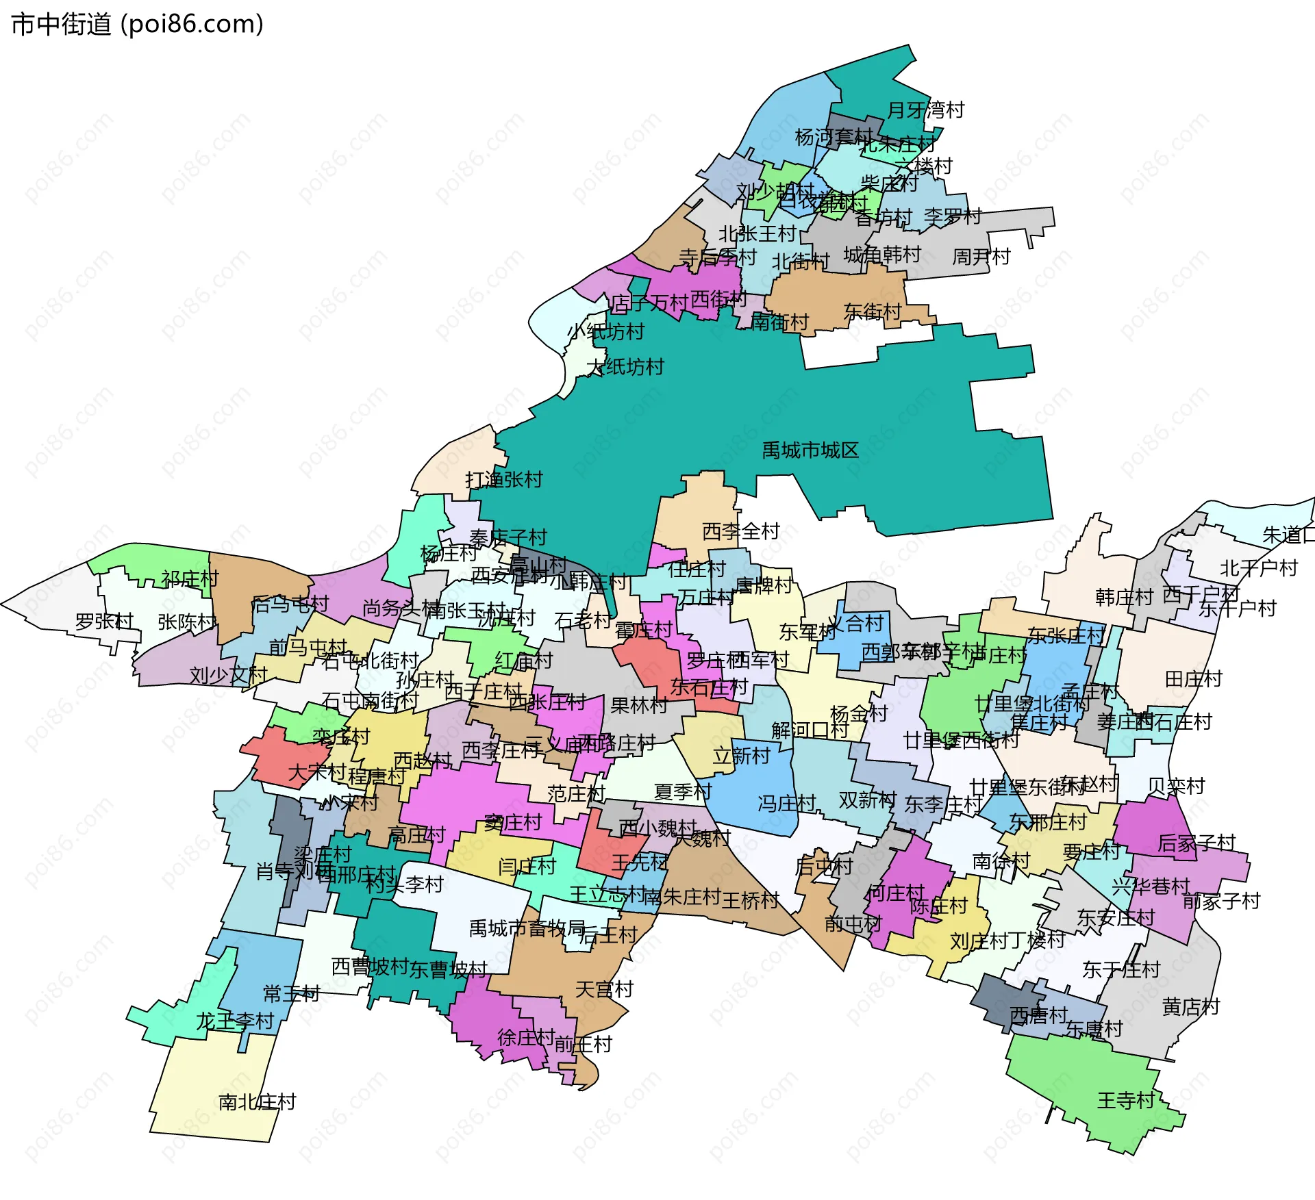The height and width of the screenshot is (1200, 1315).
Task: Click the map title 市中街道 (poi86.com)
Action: (137, 25)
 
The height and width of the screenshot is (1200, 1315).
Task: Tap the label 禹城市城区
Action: (810, 450)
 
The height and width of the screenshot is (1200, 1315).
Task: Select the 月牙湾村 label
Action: (925, 110)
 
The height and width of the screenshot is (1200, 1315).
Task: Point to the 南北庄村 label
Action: (257, 1102)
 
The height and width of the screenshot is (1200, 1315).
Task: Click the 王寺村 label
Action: (1126, 1101)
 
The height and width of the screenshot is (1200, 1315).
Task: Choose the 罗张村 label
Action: (104, 622)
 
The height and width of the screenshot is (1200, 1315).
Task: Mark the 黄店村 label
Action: (1191, 1007)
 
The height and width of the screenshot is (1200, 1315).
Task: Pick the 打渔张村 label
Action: (504, 480)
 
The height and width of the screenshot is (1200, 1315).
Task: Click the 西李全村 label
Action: (741, 531)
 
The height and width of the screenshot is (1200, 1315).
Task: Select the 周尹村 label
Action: (981, 257)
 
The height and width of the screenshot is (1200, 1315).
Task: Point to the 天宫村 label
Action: (604, 989)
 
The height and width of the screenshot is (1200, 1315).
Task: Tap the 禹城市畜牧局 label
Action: (527, 928)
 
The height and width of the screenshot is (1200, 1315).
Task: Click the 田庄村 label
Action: (1194, 679)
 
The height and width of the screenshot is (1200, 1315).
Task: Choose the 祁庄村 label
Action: (190, 579)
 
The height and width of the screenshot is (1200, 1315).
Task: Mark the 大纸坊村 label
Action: (625, 368)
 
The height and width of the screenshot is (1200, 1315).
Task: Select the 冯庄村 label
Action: (786, 803)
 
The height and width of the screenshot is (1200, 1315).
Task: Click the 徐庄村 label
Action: (526, 1038)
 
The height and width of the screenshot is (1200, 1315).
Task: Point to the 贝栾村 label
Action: (1176, 787)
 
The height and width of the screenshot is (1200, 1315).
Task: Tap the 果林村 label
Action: (638, 705)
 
